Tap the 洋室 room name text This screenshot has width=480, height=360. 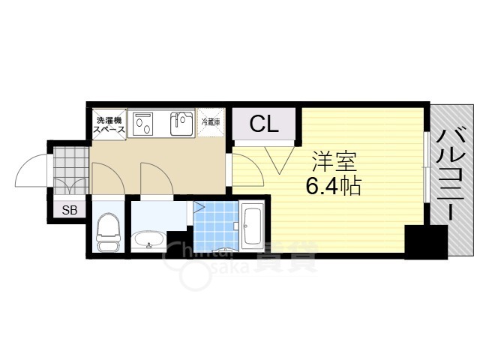point(334,162)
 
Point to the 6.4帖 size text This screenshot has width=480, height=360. point(334,186)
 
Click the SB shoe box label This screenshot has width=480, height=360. point(70,210)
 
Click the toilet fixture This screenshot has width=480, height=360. point(109,232)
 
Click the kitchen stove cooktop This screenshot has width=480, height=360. point(144,124)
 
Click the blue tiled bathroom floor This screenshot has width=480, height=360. point(215,223)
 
